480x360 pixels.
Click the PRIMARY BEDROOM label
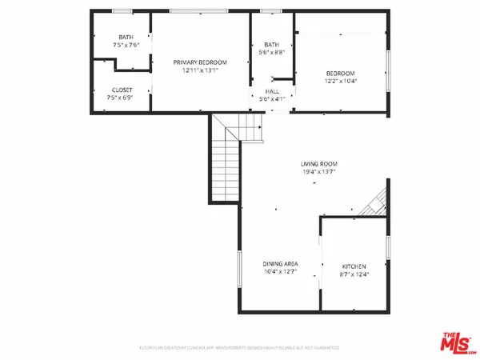201,62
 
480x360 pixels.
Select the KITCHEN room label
354,266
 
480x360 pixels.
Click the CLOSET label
122,90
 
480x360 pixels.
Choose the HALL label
272,91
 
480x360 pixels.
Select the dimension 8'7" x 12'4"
354,274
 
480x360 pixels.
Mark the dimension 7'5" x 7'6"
126,45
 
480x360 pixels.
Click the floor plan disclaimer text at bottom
239,348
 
